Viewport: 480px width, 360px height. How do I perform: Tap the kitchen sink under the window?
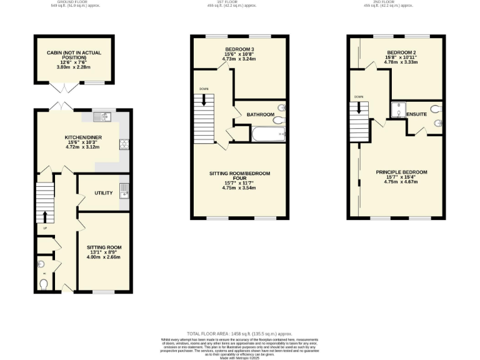(104, 116)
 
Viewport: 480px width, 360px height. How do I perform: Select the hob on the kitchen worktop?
(124, 145)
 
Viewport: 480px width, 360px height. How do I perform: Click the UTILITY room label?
(103, 192)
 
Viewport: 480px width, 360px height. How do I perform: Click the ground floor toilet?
(43, 284)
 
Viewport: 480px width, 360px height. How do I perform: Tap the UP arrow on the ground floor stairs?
(45, 216)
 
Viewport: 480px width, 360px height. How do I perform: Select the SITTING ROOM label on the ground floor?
(103, 247)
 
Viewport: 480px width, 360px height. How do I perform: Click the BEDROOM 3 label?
(239, 49)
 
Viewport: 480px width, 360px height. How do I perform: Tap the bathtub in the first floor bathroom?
(269, 133)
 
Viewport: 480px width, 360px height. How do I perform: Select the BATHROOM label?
(260, 115)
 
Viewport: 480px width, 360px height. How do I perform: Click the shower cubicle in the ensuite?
(398, 111)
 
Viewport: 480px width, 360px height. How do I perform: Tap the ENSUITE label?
(416, 115)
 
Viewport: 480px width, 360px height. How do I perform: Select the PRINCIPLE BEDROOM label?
(401, 172)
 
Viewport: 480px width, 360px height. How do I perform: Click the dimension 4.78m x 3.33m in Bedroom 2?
(401, 62)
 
